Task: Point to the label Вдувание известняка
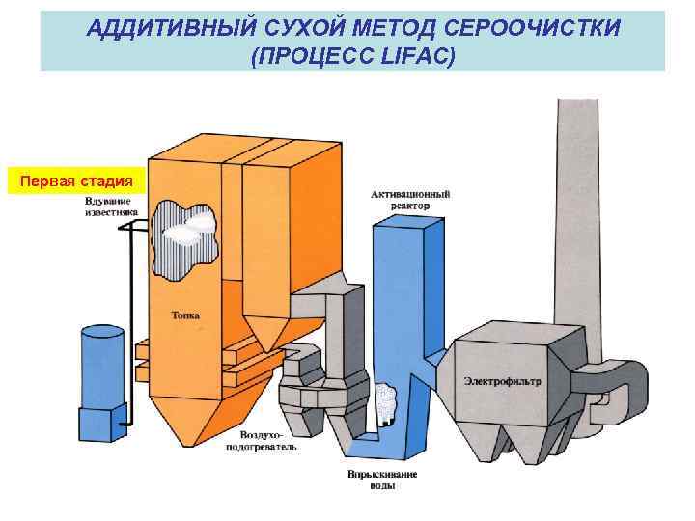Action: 112,205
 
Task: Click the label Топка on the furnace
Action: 186,315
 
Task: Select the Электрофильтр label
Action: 502,382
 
